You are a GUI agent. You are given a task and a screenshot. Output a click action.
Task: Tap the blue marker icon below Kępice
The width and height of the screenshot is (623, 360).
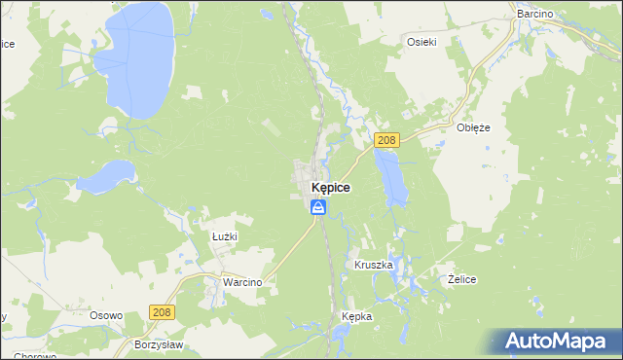pos(318,206)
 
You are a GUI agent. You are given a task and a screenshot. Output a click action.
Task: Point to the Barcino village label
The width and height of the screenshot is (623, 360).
pos(534,14)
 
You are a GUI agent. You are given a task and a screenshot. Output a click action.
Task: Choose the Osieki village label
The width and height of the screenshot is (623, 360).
pos(421,41)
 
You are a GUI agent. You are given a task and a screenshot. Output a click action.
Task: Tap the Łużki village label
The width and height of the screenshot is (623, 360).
pos(225,236)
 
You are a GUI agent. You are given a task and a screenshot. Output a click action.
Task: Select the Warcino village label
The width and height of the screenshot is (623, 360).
pos(242,282)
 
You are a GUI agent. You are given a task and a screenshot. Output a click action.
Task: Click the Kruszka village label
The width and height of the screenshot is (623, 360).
pos(374,265)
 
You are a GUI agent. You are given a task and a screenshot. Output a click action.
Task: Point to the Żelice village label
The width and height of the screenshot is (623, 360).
pos(461,279)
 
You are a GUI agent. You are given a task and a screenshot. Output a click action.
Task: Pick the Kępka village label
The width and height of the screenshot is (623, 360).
pos(357,317)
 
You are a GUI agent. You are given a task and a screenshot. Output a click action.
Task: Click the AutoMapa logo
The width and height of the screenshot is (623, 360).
pos(561,341)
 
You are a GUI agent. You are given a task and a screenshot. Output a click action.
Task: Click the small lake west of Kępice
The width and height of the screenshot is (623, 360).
pos(104,177)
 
